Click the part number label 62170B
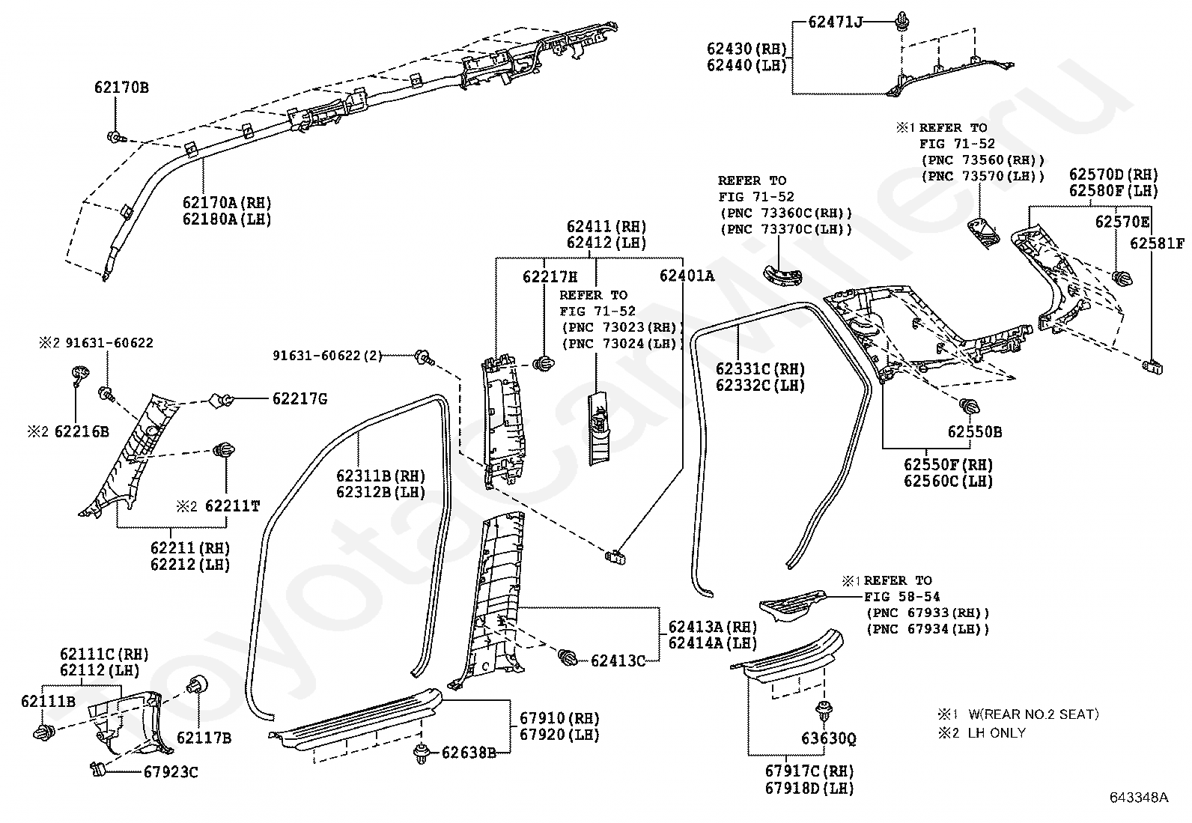[x=121, y=88]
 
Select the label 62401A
[x=687, y=276]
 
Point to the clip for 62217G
[x=221, y=400]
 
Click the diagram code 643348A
[x=1139, y=797]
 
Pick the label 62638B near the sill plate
[x=469, y=753]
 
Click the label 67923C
[x=171, y=772]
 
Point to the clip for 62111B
[x=44, y=732]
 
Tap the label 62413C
[x=618, y=660]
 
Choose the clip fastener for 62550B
[x=970, y=406]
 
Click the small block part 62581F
[x=1152, y=366]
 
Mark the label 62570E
[x=1122, y=222]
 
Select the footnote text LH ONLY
[x=997, y=733]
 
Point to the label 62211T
[x=233, y=505]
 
